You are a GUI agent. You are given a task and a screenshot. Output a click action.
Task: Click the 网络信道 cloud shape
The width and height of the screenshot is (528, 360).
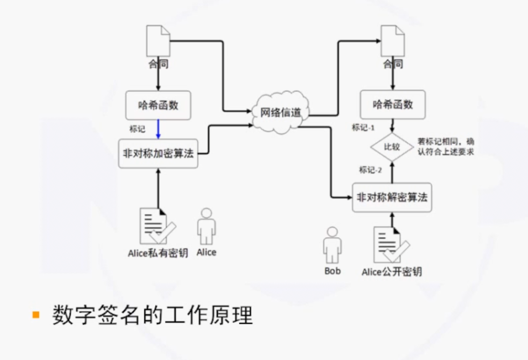tap(280, 112)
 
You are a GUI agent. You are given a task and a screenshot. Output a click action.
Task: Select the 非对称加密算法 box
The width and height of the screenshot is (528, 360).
tap(158, 153)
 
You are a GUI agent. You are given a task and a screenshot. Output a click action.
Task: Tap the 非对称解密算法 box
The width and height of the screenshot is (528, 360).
tap(392, 198)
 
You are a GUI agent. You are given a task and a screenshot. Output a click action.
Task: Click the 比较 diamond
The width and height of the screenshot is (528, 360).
tap(392, 147)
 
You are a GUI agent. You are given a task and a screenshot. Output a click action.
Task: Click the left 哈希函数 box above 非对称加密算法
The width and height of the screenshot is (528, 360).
tap(158, 105)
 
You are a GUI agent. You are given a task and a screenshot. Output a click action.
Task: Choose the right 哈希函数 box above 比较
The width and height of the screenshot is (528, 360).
tap(393, 105)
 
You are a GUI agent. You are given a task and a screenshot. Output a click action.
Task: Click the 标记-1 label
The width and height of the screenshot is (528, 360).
tap(364, 128)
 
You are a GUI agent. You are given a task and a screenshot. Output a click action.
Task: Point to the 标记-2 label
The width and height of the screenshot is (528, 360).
tap(371, 170)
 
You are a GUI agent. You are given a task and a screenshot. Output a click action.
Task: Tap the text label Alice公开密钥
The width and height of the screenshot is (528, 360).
tap(391, 272)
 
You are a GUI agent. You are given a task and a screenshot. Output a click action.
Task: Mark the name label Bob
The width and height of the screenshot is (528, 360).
tap(332, 271)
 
